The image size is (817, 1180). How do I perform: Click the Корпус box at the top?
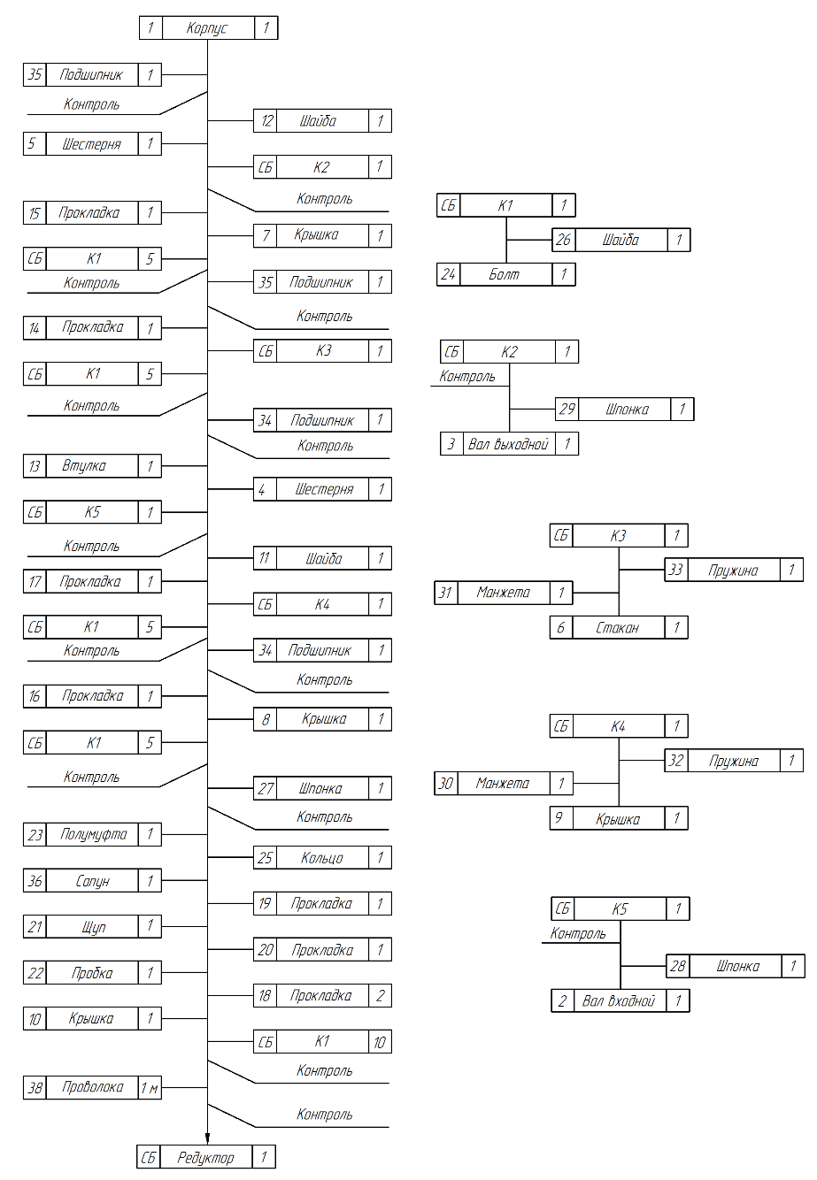[208, 28]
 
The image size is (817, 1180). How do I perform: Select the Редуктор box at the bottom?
[205, 1157]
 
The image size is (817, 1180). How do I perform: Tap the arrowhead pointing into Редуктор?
[207, 1139]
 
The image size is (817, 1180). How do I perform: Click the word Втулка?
[84, 465]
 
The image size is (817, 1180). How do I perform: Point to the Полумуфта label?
[93, 834]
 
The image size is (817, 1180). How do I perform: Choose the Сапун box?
[92, 881]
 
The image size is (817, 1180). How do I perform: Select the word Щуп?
[93, 927]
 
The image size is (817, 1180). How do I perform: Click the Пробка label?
[92, 973]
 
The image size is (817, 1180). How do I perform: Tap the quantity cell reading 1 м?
[150, 1088]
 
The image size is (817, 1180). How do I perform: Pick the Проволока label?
[92, 1087]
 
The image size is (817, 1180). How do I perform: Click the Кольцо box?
[322, 858]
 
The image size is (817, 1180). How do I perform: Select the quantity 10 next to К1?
[380, 1042]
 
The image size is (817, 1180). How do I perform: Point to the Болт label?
[504, 274]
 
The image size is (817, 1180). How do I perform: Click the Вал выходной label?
[508, 444]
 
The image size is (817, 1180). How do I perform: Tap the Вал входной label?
[619, 1001]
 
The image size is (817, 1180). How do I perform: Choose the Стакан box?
[619, 628]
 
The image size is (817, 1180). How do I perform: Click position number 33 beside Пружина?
[675, 570]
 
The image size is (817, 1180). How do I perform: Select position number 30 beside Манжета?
[446, 784]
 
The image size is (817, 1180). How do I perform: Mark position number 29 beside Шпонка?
[567, 410]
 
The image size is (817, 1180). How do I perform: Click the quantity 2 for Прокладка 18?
[380, 996]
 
